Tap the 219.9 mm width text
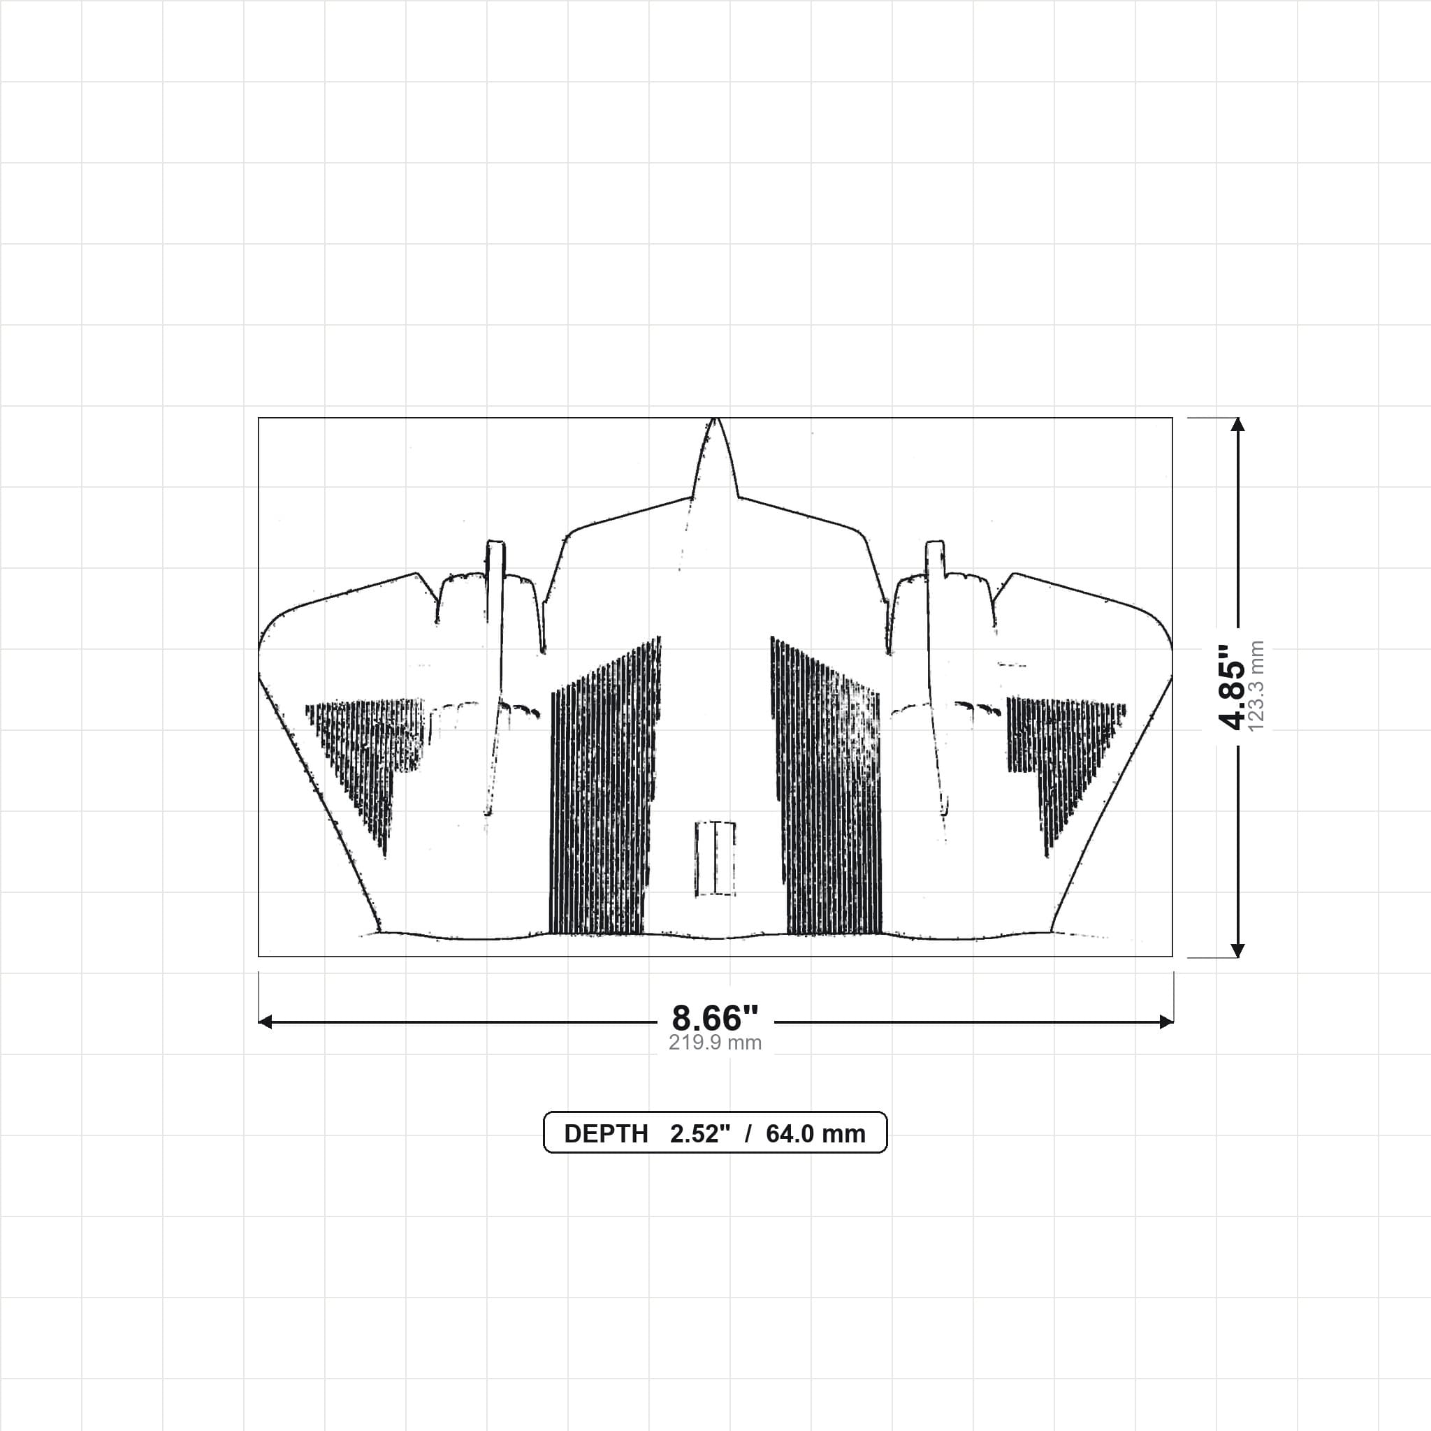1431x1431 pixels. point(715,1043)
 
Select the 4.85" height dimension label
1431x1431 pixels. point(1232,687)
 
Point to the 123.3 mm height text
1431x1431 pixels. point(1256,687)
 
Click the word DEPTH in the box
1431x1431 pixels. point(606,1134)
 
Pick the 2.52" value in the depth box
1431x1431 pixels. point(700,1134)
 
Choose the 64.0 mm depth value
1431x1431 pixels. point(815,1134)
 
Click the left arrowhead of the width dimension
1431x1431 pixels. point(265,1022)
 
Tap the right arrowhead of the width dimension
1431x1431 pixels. point(1166,1022)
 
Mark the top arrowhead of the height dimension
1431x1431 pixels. point(1237,424)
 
